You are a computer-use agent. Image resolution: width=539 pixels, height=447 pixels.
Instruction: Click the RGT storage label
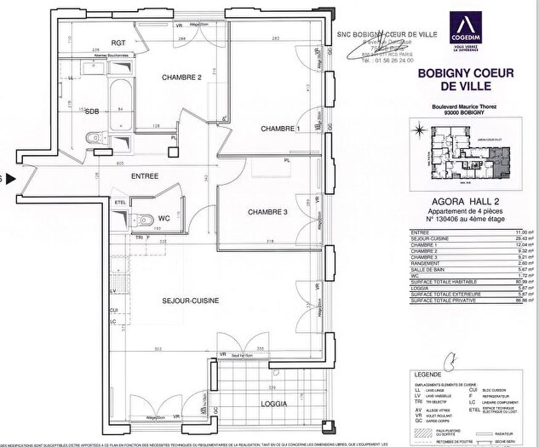click(x=118, y=42)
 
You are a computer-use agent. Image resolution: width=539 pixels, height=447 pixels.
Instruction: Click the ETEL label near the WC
click(x=120, y=202)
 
